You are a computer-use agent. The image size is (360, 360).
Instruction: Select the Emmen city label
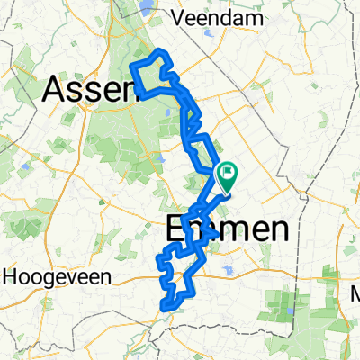(230, 230)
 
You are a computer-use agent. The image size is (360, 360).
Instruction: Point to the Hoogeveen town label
(47, 278)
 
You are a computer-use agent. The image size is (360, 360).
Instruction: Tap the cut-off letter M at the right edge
(355, 293)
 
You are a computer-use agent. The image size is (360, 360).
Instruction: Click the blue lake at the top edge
(146, 9)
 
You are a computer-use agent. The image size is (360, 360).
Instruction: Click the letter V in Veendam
(186, 17)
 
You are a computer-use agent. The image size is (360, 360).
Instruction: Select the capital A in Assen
(56, 88)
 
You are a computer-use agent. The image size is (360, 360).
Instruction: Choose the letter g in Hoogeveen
(41, 279)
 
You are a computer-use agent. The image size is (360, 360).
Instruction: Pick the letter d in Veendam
(231, 17)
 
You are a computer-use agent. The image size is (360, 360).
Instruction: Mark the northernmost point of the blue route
(160, 51)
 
